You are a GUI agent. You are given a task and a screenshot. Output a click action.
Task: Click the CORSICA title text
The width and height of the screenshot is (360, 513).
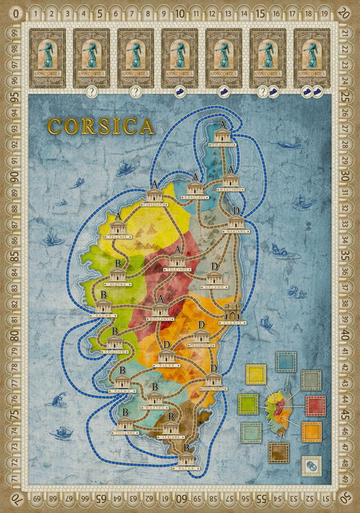[101, 127]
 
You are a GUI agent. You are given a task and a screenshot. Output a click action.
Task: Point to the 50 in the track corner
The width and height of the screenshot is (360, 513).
[350, 502]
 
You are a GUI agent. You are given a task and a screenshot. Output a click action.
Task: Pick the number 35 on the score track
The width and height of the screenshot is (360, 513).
[351, 256]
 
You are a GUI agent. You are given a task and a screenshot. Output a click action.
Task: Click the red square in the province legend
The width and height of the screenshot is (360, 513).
[316, 406]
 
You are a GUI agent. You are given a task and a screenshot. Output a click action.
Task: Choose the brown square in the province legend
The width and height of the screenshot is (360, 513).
[279, 452]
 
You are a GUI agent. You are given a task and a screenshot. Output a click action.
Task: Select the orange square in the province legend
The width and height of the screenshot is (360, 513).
[312, 432]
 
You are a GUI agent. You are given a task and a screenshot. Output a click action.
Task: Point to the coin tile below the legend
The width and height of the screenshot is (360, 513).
[310, 465]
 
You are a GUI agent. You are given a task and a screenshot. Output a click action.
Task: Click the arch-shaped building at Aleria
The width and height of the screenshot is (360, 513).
[233, 311]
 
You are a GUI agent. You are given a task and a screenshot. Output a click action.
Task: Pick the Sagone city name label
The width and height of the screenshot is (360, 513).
[104, 314]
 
